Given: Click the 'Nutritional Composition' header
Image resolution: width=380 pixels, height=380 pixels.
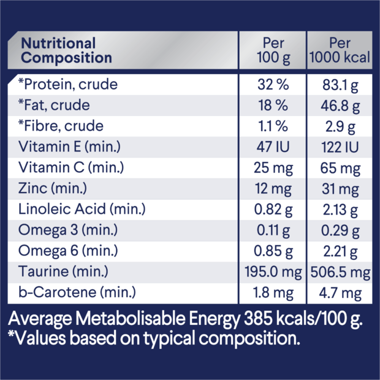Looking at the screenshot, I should click(x=67, y=51).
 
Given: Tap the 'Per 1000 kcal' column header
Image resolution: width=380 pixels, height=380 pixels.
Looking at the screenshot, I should click(x=340, y=51).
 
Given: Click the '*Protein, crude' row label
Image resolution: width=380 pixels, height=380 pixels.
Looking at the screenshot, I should click(x=68, y=85).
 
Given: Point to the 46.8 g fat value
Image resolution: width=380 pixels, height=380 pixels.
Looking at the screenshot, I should click(x=340, y=105).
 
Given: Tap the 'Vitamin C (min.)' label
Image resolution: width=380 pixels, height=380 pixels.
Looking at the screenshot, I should click(x=70, y=168).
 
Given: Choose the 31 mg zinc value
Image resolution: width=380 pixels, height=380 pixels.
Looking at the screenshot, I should click(x=340, y=189).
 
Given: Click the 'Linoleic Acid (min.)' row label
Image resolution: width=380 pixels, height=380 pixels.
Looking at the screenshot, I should click(x=81, y=210).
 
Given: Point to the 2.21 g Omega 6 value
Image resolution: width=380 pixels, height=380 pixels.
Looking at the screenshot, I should click(x=340, y=251).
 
